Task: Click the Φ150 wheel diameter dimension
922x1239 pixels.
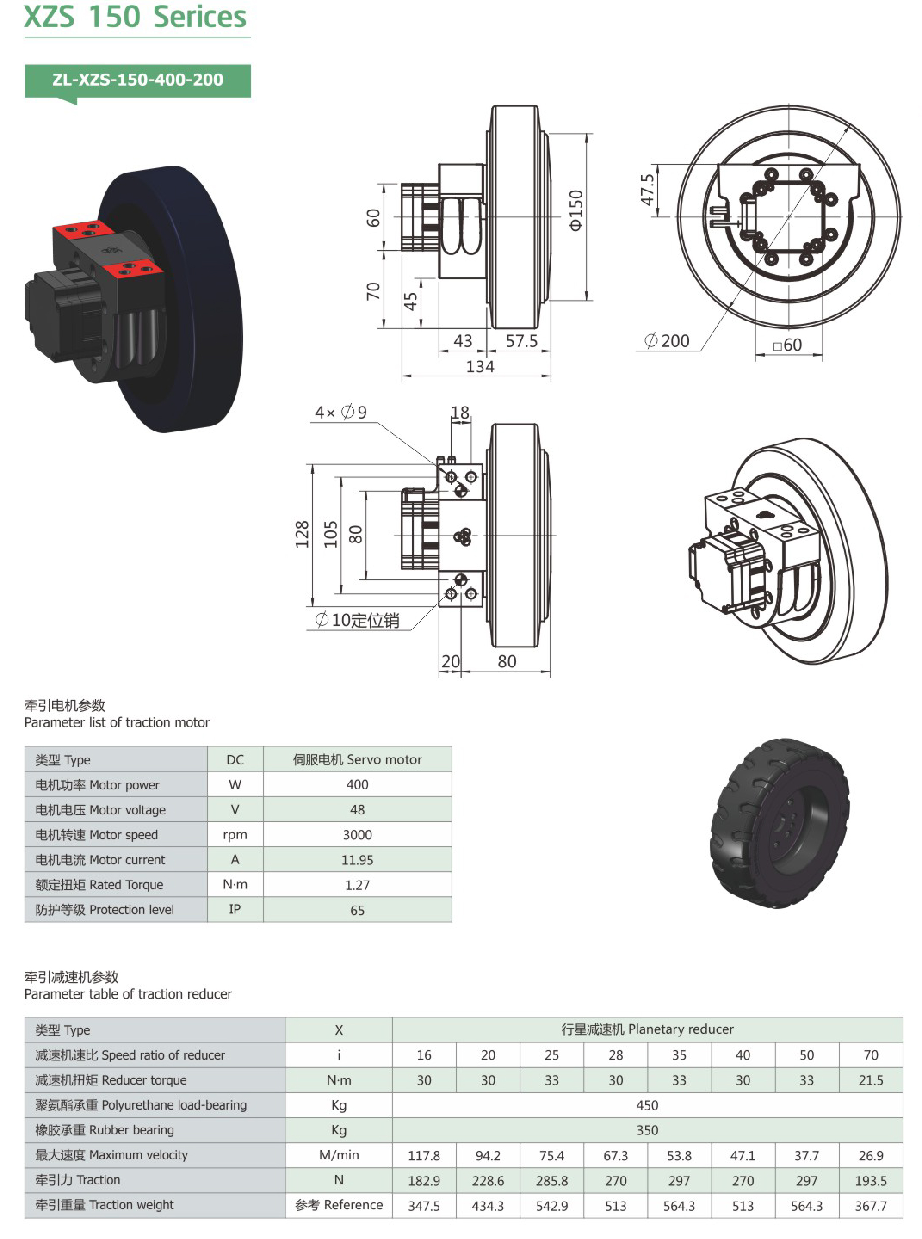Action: (x=575, y=210)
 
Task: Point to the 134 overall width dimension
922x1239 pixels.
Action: (x=480, y=367)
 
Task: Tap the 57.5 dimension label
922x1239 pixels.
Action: (x=521, y=341)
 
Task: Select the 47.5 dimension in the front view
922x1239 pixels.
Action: (x=647, y=190)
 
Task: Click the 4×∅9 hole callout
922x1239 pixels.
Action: (x=340, y=412)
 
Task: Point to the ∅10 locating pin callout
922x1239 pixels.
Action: (x=358, y=620)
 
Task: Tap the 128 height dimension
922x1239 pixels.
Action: (x=302, y=534)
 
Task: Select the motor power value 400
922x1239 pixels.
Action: (x=357, y=784)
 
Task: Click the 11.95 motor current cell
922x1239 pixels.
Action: (x=357, y=860)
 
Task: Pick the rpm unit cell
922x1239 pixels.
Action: (x=235, y=835)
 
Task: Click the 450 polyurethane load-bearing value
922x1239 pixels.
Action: (x=647, y=1105)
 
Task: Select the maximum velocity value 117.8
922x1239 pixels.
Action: (x=424, y=1155)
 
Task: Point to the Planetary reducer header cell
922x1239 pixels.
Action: (x=647, y=1029)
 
